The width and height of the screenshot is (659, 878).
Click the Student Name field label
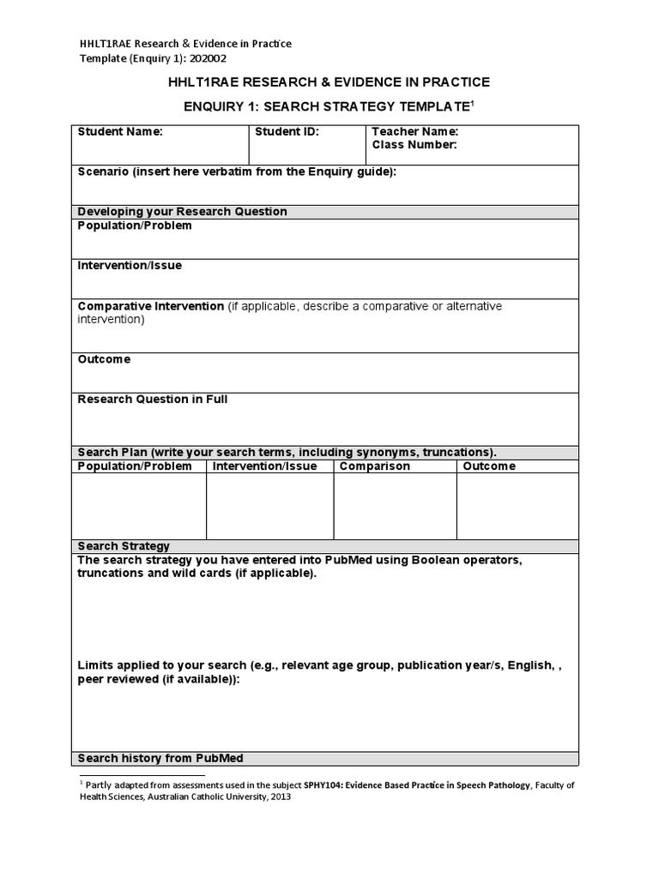[x=119, y=132]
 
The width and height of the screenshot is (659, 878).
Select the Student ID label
[x=287, y=132]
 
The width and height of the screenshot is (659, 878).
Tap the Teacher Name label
[x=415, y=132]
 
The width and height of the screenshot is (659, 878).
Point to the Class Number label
[x=414, y=145]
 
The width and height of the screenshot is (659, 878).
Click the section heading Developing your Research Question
[x=182, y=212]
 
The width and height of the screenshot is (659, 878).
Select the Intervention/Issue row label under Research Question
[x=130, y=266]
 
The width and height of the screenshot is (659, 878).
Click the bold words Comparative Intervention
[x=151, y=306]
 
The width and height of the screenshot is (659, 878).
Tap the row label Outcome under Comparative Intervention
[x=104, y=359]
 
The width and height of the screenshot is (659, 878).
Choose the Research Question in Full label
[x=152, y=400]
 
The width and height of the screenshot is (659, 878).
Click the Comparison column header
[x=375, y=466]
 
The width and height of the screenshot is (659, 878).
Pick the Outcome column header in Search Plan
[x=489, y=466]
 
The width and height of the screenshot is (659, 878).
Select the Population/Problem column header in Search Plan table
[x=135, y=466]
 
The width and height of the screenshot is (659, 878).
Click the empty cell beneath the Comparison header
[x=395, y=506]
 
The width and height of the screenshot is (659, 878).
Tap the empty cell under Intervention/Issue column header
[x=269, y=506]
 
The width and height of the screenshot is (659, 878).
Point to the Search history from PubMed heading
[x=160, y=759]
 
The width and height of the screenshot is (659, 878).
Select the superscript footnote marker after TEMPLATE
[x=471, y=102]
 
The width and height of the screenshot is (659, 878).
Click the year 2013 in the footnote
[x=280, y=797]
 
